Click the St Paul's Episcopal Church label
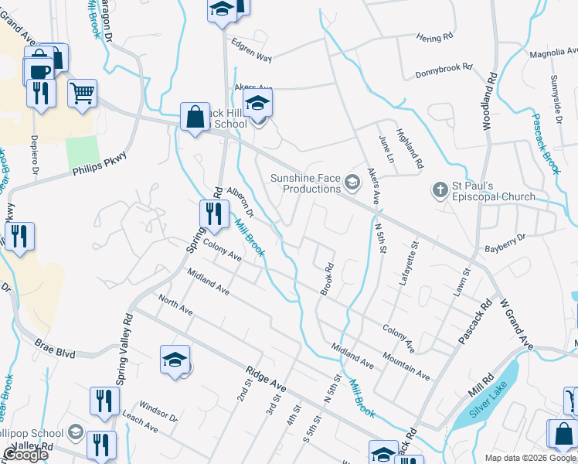point(493,191)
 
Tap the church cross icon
point(440,189)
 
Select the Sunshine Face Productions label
point(305,183)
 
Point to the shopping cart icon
point(82,94)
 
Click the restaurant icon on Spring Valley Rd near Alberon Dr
point(214,214)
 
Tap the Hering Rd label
point(433,38)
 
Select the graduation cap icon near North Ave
point(175,360)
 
